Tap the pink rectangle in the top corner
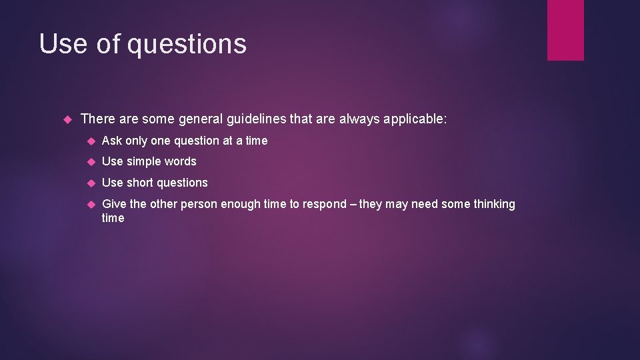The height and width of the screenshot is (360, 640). pos(565,29)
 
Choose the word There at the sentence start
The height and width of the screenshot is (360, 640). pos(97,119)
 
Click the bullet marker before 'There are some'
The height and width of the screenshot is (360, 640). pos(66,120)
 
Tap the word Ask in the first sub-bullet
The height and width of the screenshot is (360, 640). pos(111,141)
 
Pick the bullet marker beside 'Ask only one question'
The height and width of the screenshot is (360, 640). pos(91,141)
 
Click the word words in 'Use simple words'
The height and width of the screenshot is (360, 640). pos(181,161)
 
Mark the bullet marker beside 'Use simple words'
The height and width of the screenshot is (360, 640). pos(91,162)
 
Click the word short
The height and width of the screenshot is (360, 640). pos(141,183)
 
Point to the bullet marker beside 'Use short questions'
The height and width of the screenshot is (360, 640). pos(91,183)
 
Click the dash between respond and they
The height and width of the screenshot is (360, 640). pos(353,204)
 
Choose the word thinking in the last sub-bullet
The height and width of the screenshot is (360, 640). pos(493,204)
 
